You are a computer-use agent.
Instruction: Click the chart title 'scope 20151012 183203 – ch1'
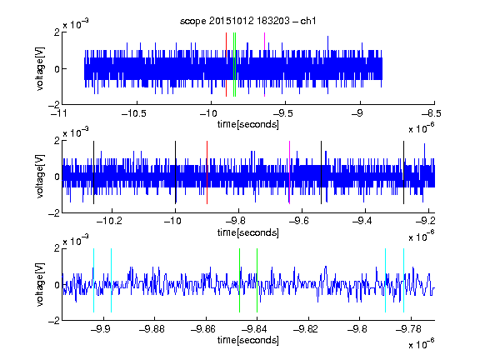click(247, 21)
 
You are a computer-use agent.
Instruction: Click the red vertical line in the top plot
click(226, 65)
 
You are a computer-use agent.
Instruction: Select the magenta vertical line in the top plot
click(264, 65)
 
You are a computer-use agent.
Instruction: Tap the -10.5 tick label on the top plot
click(134, 113)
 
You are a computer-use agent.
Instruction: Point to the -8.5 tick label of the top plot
click(431, 113)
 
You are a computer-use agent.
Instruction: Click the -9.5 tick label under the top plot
click(282, 113)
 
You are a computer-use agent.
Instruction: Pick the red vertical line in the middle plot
click(207, 172)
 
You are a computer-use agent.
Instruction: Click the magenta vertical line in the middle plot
click(290, 172)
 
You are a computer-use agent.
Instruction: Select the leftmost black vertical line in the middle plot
click(93, 172)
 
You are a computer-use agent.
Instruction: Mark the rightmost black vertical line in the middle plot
click(404, 172)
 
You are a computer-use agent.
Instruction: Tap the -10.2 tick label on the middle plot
click(109, 221)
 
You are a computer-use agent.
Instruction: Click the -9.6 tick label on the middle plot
click(298, 221)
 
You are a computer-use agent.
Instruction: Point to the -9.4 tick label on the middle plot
click(362, 221)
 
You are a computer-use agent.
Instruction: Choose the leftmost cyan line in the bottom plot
click(93, 280)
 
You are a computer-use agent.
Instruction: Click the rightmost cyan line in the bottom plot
click(404, 280)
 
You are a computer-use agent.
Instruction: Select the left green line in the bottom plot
click(240, 280)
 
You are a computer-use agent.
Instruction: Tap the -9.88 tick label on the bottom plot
click(152, 329)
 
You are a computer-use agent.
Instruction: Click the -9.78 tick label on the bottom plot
click(408, 329)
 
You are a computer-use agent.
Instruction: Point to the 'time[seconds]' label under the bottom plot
click(248, 340)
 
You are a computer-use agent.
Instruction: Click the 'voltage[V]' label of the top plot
click(40, 68)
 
